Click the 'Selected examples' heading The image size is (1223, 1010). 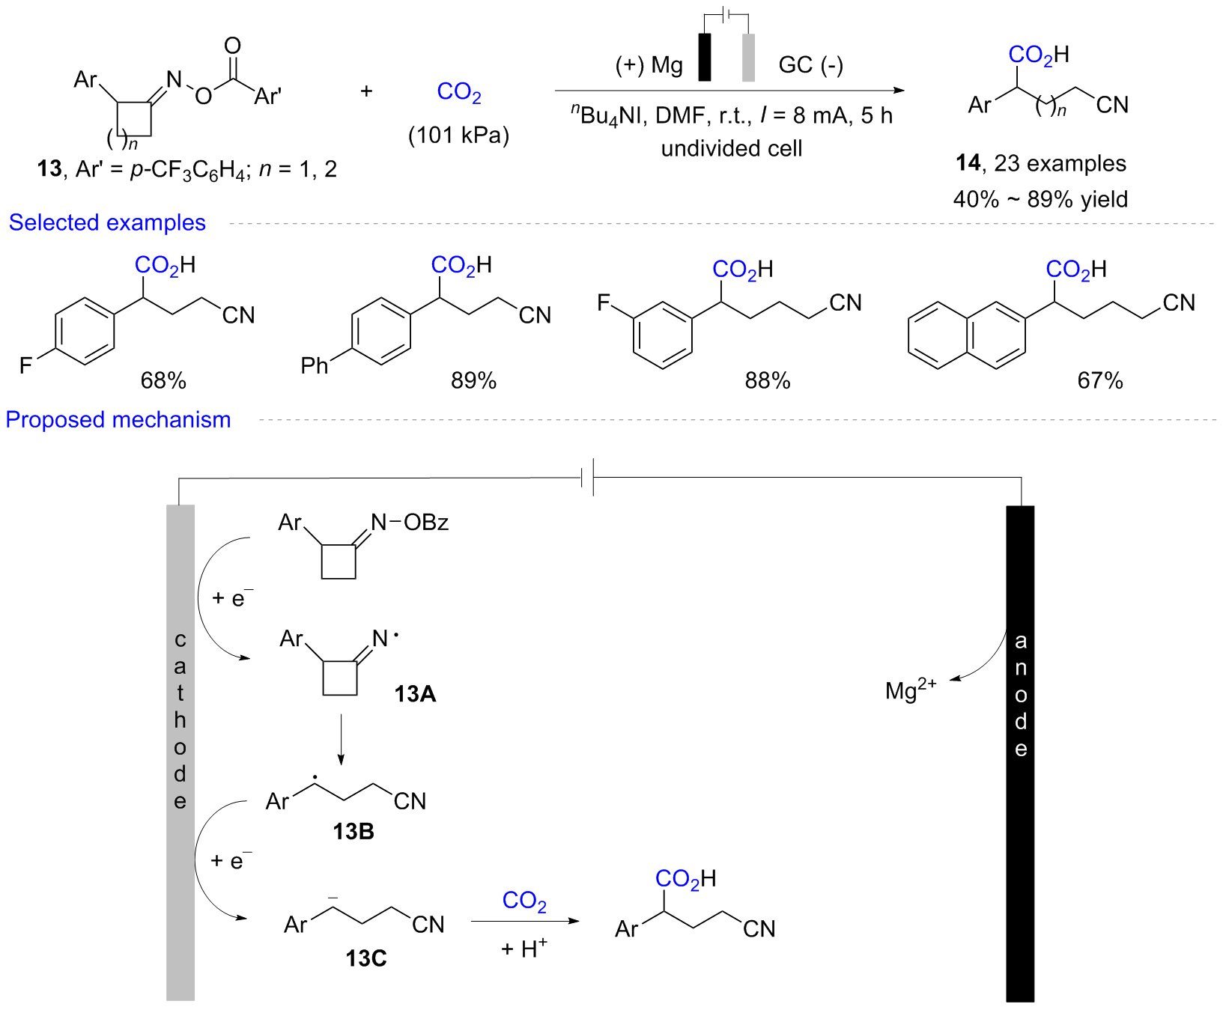pyautogui.click(x=107, y=222)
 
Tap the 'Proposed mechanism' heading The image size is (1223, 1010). pyautogui.click(x=118, y=419)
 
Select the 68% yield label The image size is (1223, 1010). pyautogui.click(x=163, y=380)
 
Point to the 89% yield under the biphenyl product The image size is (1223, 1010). pyautogui.click(x=473, y=380)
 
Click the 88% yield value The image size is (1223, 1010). pyautogui.click(x=768, y=380)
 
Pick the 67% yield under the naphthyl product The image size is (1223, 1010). pyautogui.click(x=1100, y=380)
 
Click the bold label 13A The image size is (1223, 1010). pyautogui.click(x=415, y=694)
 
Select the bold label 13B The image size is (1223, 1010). pyautogui.click(x=353, y=831)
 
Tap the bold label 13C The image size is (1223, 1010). pyautogui.click(x=366, y=958)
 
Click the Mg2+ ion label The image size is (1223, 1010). pyautogui.click(x=910, y=689)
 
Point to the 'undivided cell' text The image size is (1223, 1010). pyautogui.click(x=731, y=148)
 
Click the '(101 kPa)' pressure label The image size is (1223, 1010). pyautogui.click(x=458, y=136)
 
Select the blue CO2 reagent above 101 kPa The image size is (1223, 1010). pyautogui.click(x=458, y=92)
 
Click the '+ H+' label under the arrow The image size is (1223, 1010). pyautogui.click(x=524, y=949)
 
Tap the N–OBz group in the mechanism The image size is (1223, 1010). pyautogui.click(x=410, y=522)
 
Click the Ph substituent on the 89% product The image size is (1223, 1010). pyautogui.click(x=315, y=365)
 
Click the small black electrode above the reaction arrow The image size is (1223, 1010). pyautogui.click(x=704, y=57)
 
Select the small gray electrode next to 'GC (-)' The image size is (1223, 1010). pyautogui.click(x=748, y=57)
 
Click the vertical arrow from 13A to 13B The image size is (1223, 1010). pyautogui.click(x=341, y=739)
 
